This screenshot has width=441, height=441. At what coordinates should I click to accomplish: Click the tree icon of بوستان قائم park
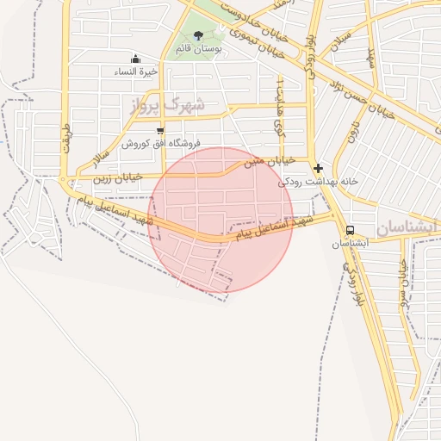click(x=199, y=35)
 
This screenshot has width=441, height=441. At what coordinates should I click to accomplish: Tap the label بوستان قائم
click(x=199, y=49)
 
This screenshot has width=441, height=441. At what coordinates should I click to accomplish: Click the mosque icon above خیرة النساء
click(x=135, y=59)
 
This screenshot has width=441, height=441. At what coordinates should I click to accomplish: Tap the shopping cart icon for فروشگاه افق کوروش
click(x=160, y=131)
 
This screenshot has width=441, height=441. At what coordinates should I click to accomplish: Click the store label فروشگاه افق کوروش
click(x=160, y=143)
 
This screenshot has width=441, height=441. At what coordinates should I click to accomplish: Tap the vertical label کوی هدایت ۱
click(x=279, y=103)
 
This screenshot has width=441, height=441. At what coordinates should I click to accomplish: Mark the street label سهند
click(x=372, y=58)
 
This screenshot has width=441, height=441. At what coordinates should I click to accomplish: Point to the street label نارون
click(x=353, y=129)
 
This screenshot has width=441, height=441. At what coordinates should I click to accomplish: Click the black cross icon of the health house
click(x=319, y=168)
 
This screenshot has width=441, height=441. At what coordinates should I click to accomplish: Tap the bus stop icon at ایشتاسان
click(x=350, y=230)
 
